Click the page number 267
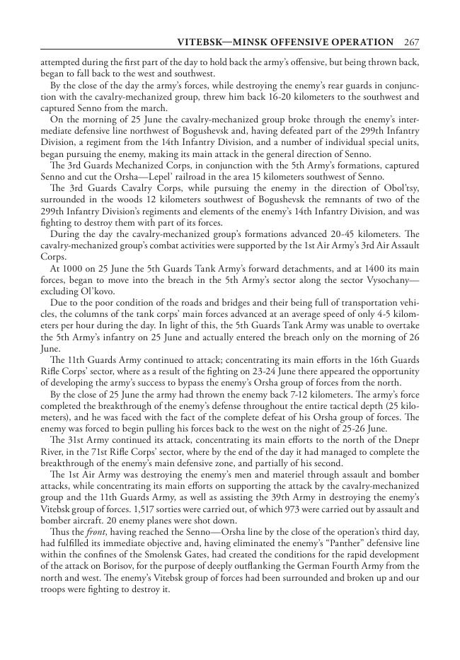click(x=412, y=42)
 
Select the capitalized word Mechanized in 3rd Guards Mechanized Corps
click(x=130, y=166)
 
